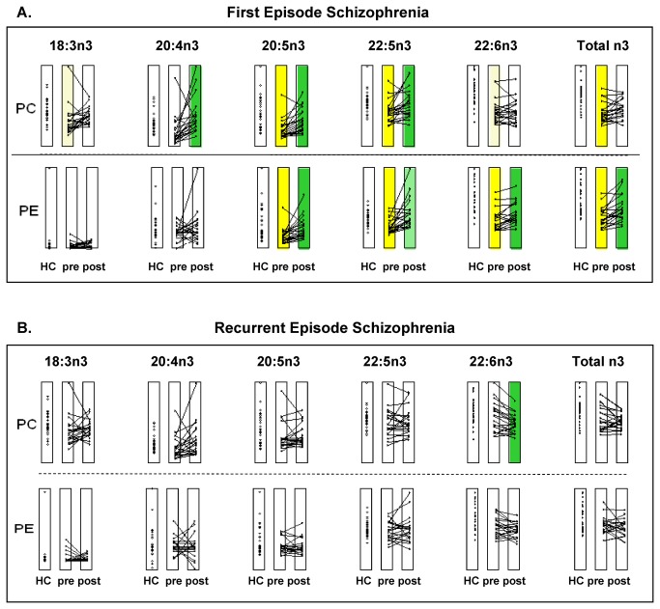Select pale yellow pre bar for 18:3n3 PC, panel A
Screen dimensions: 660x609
tap(68, 106)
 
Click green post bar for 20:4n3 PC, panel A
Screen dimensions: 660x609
tap(196, 106)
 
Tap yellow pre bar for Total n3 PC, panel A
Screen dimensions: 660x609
tap(601, 106)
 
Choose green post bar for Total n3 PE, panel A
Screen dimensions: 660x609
tap(622, 208)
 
